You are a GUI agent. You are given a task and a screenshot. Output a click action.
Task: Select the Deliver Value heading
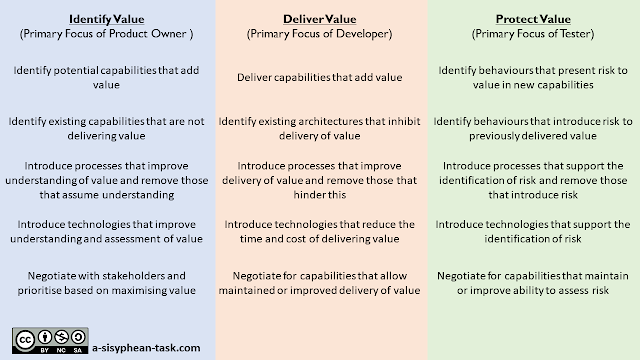tap(318, 18)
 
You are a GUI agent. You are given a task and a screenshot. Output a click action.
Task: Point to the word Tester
tap(572, 34)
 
